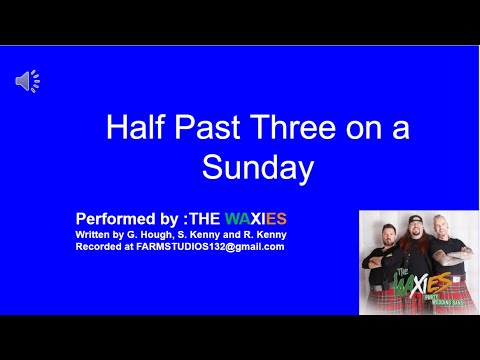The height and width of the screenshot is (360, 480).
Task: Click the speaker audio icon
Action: pyautogui.click(x=27, y=82)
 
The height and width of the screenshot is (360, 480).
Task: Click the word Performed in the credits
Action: pyautogui.click(x=112, y=217)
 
